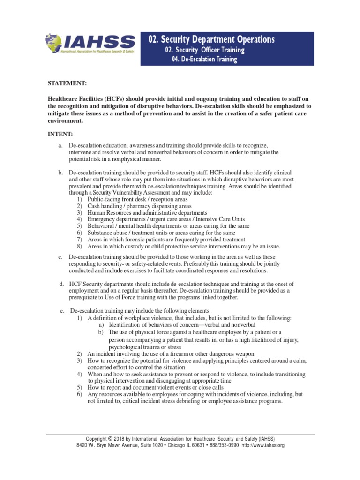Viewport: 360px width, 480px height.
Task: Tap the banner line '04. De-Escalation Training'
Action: click(x=202, y=60)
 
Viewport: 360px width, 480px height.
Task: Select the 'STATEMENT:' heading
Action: click(x=67, y=83)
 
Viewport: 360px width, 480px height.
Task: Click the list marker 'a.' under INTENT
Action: click(x=60, y=146)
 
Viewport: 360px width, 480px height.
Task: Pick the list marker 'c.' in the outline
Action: click(x=60, y=257)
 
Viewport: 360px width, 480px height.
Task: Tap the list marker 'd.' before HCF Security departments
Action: click(x=61, y=284)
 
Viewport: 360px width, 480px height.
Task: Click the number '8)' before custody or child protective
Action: click(x=80, y=246)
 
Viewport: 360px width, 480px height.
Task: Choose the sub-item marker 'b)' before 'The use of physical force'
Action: click(x=101, y=331)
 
